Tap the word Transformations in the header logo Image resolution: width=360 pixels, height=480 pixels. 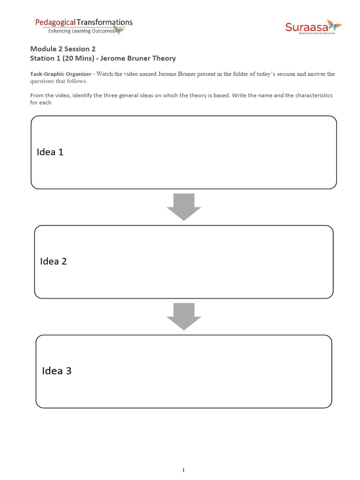point(105,22)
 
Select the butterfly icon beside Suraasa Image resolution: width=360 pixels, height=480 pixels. point(334,25)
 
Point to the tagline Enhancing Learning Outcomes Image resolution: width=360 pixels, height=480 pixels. point(79,31)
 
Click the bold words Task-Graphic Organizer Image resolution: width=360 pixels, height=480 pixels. point(60,74)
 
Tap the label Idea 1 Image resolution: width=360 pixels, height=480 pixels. point(50,152)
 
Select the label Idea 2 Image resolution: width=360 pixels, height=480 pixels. point(53,261)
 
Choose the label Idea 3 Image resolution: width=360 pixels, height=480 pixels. point(57,371)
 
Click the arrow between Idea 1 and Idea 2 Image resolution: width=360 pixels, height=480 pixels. point(184,206)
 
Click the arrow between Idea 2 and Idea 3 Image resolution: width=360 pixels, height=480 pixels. point(184,316)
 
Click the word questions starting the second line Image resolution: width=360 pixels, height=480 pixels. point(43,81)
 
